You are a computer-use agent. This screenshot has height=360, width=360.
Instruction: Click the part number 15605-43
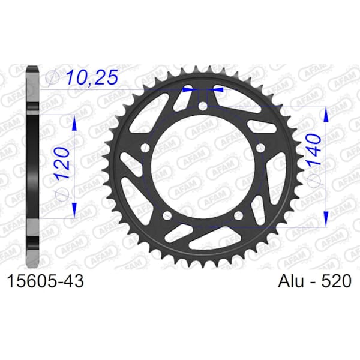click(46, 281)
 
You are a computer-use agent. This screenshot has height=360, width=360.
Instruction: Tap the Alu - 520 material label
click(314, 281)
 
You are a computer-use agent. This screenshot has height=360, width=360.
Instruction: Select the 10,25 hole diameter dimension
click(92, 77)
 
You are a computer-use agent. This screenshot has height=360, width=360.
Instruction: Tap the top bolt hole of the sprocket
click(203, 106)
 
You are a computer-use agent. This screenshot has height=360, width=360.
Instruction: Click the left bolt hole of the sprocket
click(145, 148)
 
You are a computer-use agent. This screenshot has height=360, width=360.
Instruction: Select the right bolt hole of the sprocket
click(260, 148)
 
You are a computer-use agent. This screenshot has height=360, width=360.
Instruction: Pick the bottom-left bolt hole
click(167, 215)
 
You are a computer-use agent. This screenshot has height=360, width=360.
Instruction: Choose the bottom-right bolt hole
click(239, 215)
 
